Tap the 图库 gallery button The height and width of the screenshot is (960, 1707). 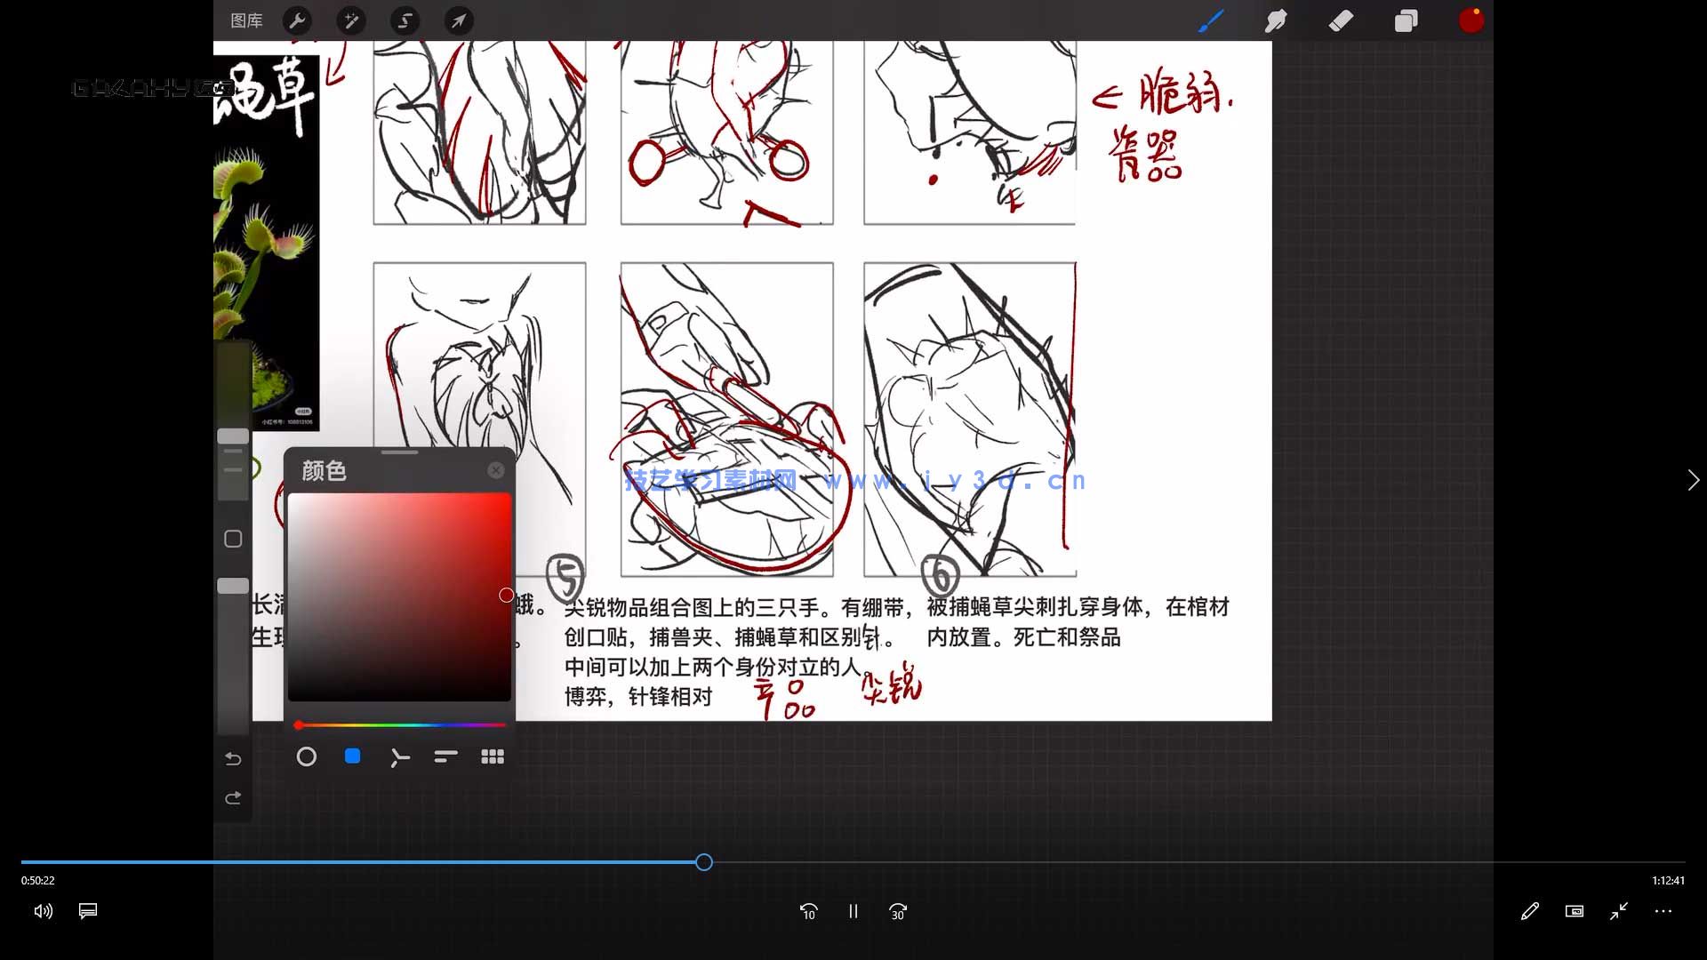coord(246,20)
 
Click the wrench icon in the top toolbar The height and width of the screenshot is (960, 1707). coord(297,20)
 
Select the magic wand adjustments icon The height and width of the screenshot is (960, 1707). coord(351,20)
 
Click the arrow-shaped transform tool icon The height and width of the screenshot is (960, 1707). coord(459,20)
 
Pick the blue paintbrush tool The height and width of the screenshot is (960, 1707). coord(1211,20)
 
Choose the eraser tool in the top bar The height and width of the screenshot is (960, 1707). coord(1341,20)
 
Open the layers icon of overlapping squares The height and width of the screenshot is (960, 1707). coord(1406,20)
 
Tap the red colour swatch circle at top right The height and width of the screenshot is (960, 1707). coord(1471,20)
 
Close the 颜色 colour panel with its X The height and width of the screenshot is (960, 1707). coord(496,470)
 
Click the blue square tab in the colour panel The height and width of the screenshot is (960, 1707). coord(352,756)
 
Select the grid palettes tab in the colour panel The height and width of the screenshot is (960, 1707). coord(493,756)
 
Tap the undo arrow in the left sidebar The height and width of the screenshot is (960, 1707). coord(233,758)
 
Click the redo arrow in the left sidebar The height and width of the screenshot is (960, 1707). coord(233,798)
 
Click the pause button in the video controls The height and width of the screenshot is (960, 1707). coord(853,911)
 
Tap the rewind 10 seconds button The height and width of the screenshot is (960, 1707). coord(808,911)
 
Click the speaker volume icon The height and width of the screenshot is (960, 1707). coord(43,911)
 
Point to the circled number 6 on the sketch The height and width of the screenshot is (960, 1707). coord(941,574)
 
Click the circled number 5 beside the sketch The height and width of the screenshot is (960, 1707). coord(565,577)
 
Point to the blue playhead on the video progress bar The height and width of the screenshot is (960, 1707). coord(704,862)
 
